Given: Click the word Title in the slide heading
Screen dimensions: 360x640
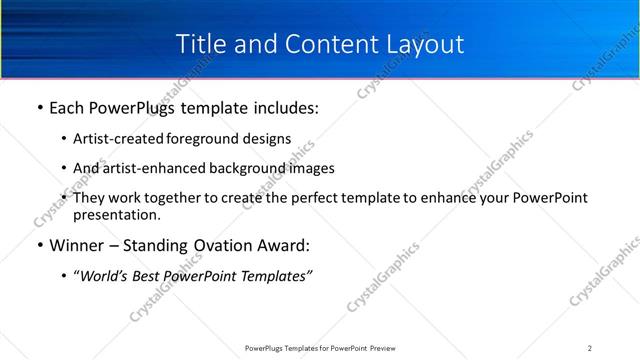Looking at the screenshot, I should coord(200,45).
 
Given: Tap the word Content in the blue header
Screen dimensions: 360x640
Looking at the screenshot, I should coord(319,45).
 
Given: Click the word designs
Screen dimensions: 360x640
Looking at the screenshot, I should coord(269,138).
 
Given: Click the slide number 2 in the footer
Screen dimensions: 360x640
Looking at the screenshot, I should coord(589,348).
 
